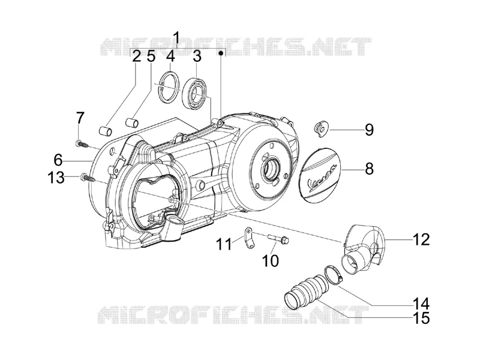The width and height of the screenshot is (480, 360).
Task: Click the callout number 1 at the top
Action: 176,38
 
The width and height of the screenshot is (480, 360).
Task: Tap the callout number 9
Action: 369,130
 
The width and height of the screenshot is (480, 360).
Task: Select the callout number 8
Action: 370,169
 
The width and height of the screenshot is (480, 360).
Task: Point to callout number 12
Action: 421,239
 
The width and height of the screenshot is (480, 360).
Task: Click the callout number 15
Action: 421,318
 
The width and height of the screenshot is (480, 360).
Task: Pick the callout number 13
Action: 56,177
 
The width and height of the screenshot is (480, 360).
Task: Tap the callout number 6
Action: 58,160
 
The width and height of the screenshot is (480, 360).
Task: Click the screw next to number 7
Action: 83,144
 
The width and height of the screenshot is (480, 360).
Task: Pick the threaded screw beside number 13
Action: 88,178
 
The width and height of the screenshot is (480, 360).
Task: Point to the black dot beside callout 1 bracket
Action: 220,53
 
